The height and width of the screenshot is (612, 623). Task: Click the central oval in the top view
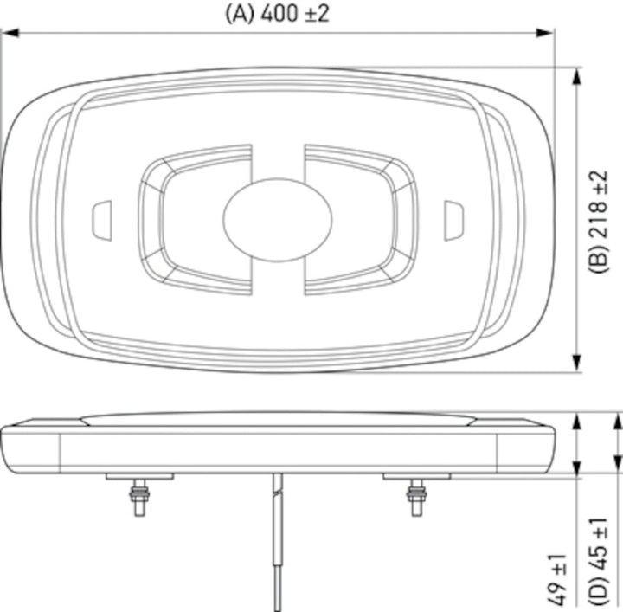click(265, 218)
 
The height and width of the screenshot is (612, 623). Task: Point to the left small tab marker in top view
click(101, 219)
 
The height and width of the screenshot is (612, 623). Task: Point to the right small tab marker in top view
click(453, 219)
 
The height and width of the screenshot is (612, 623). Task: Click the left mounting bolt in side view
click(138, 498)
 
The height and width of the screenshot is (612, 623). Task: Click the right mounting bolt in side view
click(416, 498)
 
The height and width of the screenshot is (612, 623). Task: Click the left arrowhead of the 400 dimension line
click(10, 34)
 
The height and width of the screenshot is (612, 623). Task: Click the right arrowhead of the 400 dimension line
click(544, 34)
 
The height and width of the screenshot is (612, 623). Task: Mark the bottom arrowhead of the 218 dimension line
click(577, 364)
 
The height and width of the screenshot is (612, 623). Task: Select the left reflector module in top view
click(195, 219)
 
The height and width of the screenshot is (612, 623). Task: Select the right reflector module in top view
click(359, 219)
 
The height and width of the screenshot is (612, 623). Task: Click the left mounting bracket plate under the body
click(138, 476)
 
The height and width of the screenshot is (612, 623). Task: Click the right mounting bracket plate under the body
click(416, 476)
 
